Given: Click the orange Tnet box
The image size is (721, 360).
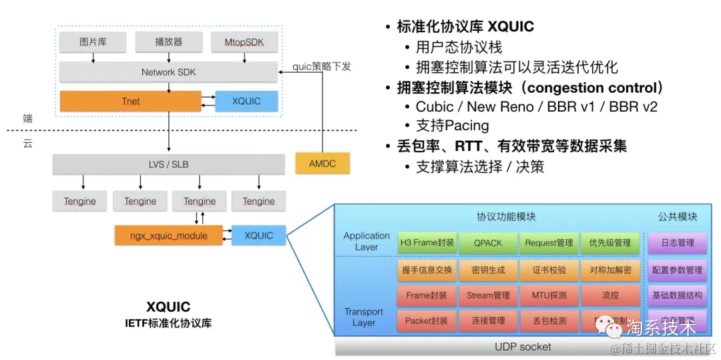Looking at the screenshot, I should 131,101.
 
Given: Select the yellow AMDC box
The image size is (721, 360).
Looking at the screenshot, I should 322,163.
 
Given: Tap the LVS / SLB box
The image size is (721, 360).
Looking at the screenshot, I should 168,164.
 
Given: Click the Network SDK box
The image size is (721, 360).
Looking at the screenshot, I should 168,72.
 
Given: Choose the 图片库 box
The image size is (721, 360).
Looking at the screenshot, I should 93,43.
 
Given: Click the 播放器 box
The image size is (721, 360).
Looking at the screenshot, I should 168,43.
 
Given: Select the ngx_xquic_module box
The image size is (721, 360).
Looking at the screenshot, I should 169,235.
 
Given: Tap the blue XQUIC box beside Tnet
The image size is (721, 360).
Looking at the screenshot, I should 246,101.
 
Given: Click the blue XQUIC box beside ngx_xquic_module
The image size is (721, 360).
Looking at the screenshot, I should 258,235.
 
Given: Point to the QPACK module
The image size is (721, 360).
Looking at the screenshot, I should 487,243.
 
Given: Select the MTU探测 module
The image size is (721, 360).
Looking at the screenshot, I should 549,295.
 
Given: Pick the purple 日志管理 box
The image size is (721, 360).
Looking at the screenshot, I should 676,243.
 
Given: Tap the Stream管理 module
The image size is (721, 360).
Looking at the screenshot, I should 487,295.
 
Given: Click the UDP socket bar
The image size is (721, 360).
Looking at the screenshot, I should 523,347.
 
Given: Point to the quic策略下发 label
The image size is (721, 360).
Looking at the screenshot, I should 322,66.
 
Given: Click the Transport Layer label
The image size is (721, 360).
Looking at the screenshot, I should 364,317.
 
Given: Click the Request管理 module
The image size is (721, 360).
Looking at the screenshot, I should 549,243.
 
